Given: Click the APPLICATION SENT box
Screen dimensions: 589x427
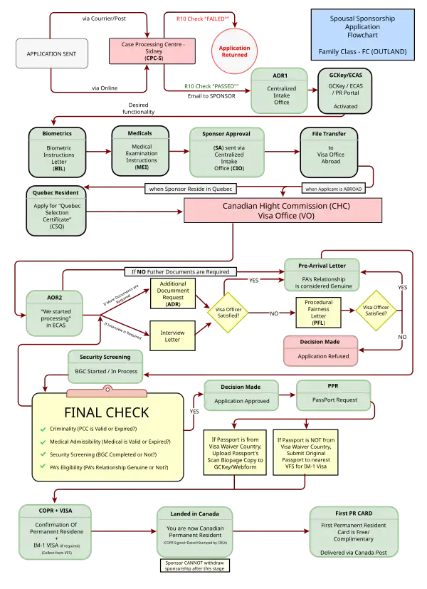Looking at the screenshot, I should (x=52, y=53).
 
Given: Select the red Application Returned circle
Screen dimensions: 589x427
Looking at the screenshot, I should (x=233, y=50).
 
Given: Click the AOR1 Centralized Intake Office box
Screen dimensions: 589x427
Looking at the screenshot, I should (x=281, y=91).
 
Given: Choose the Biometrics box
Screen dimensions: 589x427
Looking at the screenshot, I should (x=59, y=152).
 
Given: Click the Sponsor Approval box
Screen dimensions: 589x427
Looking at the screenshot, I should (x=226, y=152).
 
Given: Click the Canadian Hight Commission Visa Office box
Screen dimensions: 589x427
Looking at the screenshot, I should (x=283, y=209).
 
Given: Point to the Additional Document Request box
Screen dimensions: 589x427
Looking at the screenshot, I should (x=172, y=293).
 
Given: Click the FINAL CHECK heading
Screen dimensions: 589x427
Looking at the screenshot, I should (x=107, y=412).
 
